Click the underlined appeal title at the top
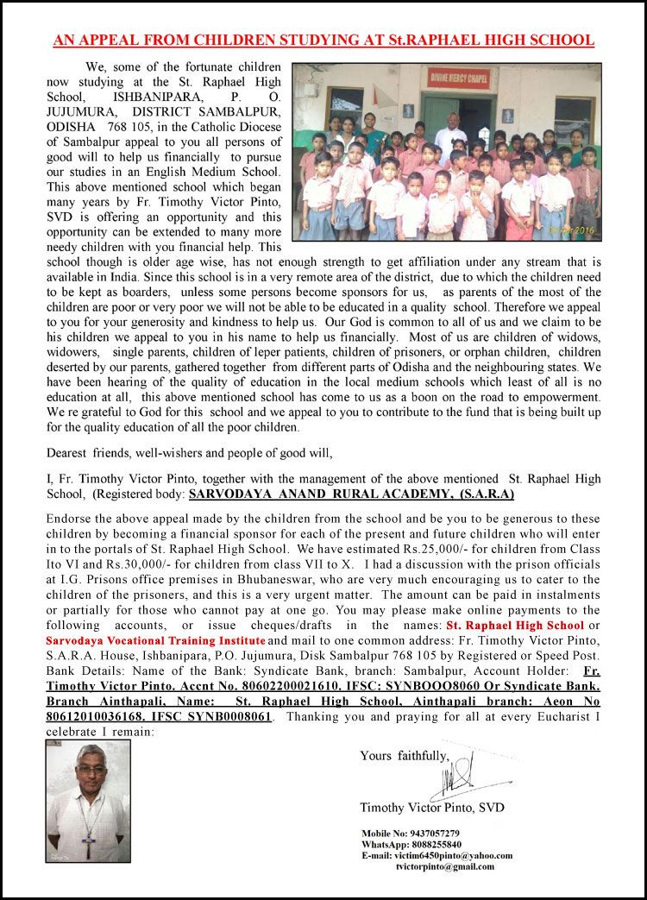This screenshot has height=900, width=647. [323, 41]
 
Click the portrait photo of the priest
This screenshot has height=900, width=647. [88, 801]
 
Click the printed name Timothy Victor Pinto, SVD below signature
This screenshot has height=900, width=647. [432, 808]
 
